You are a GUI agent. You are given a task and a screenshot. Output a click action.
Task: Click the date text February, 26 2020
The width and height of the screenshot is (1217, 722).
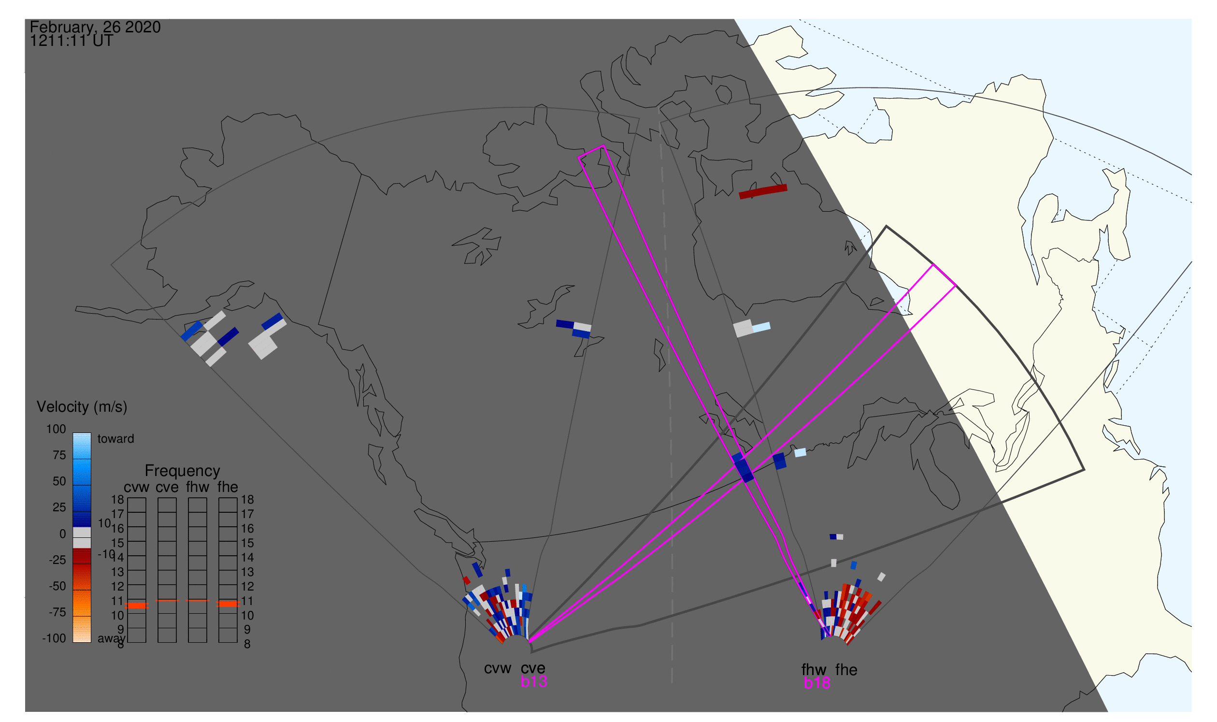pyautogui.click(x=95, y=27)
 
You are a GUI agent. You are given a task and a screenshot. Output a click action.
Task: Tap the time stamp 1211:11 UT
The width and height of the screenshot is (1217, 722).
pyautogui.click(x=72, y=41)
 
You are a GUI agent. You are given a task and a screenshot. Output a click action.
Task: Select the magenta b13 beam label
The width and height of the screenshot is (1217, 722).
pyautogui.click(x=533, y=681)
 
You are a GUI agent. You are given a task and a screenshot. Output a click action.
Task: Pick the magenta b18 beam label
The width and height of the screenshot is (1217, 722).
pyautogui.click(x=816, y=683)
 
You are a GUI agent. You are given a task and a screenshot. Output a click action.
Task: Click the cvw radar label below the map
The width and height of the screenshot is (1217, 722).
pyautogui.click(x=497, y=668)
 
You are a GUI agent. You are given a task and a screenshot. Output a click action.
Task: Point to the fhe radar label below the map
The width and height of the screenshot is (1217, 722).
pyautogui.click(x=846, y=670)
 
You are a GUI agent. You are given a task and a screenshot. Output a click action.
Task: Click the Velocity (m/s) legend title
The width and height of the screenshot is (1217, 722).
pyautogui.click(x=82, y=407)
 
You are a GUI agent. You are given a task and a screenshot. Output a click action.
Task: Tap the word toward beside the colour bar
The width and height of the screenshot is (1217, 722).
pyautogui.click(x=115, y=439)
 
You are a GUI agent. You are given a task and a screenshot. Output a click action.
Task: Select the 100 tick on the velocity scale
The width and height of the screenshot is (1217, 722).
pyautogui.click(x=56, y=429)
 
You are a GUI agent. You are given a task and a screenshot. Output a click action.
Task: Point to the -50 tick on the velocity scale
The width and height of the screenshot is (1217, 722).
pyautogui.click(x=57, y=586)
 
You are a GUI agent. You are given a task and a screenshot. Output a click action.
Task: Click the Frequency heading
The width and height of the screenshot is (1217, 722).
pyautogui.click(x=183, y=471)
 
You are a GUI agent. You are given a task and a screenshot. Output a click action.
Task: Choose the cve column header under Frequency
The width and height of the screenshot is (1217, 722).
pyautogui.click(x=167, y=487)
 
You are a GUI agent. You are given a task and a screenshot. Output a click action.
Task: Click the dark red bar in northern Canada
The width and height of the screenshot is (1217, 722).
pyautogui.click(x=763, y=192)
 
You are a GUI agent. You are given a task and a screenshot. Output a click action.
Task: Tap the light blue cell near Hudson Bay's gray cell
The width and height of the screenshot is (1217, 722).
pyautogui.click(x=761, y=327)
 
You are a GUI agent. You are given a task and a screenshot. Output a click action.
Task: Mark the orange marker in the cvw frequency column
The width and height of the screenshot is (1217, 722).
pyautogui.click(x=137, y=605)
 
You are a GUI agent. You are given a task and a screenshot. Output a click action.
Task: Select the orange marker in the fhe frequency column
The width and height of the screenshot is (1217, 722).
pyautogui.click(x=228, y=604)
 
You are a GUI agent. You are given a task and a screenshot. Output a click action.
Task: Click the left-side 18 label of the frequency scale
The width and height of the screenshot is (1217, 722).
pyautogui.click(x=117, y=500)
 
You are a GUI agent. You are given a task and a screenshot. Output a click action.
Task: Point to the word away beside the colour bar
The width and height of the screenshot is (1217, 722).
pyautogui.click(x=111, y=639)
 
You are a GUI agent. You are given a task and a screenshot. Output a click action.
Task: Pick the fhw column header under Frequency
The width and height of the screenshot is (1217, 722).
pyautogui.click(x=197, y=487)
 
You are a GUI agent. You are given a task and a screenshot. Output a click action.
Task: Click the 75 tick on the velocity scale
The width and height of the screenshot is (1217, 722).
pyautogui.click(x=59, y=455)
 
